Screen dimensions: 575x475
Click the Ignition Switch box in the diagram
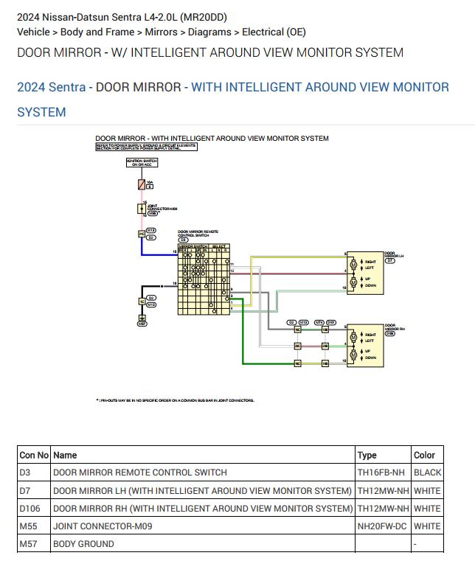141,163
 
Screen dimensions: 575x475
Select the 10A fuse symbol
141,184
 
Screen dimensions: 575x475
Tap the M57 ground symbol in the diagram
142,323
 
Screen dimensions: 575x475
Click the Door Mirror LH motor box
366,273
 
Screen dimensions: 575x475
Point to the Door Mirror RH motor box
366,346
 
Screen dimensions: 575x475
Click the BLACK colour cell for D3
427,473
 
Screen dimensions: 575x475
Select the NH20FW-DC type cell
381,526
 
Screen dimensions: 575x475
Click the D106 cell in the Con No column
30,509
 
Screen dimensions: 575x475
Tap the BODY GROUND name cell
83,544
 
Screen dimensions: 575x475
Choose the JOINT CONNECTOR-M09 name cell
103,526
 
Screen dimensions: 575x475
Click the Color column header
424,455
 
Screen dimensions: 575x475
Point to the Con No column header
34,455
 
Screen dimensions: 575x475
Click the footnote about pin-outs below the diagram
175,400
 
